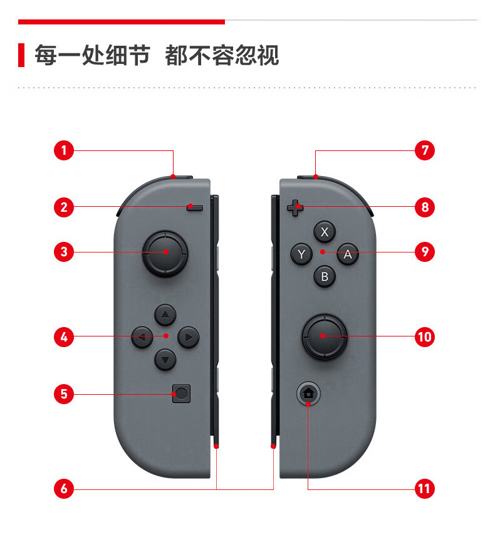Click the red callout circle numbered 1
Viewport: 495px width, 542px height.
tap(64, 150)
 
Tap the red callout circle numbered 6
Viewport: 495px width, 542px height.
tap(64, 489)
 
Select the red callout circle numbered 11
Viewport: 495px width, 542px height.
tap(424, 489)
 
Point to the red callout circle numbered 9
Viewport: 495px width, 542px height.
tap(424, 252)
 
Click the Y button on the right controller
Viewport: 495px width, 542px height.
tap(301, 254)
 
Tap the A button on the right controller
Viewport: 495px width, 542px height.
tap(348, 254)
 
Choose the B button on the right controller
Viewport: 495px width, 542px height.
tap(325, 276)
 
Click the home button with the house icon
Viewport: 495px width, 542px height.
tap(308, 393)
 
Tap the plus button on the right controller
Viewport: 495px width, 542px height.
tap(295, 208)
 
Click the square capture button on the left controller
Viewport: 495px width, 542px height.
tap(181, 393)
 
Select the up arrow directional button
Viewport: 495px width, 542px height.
tap(165, 315)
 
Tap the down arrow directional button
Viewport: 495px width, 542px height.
tap(165, 360)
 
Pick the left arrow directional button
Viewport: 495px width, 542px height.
tap(142, 337)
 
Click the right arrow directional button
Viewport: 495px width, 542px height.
tap(189, 337)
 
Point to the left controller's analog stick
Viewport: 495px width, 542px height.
tap(165, 253)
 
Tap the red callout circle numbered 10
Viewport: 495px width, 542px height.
tap(424, 336)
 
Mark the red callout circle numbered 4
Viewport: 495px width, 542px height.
tap(64, 336)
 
